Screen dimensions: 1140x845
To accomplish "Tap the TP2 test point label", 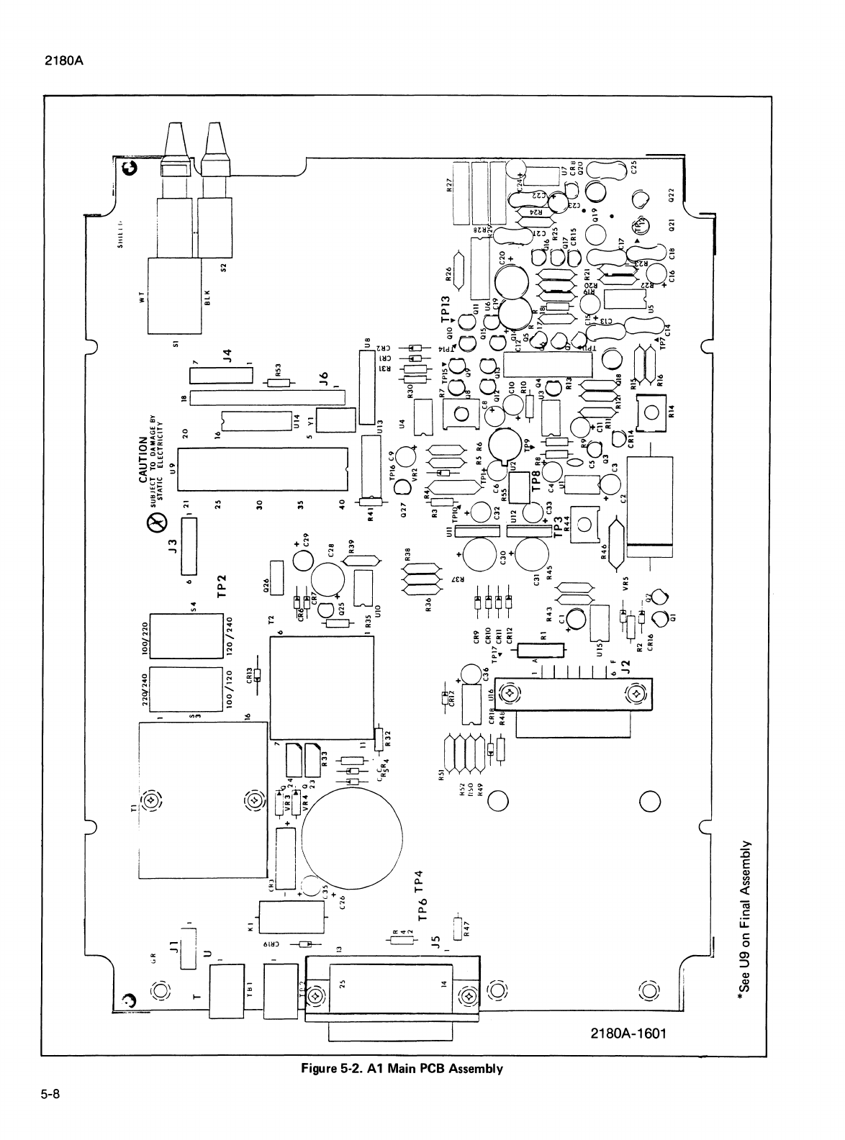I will click(222, 585).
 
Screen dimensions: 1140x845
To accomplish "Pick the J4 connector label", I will click(226, 356).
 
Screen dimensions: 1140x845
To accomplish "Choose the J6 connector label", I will click(324, 378).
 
